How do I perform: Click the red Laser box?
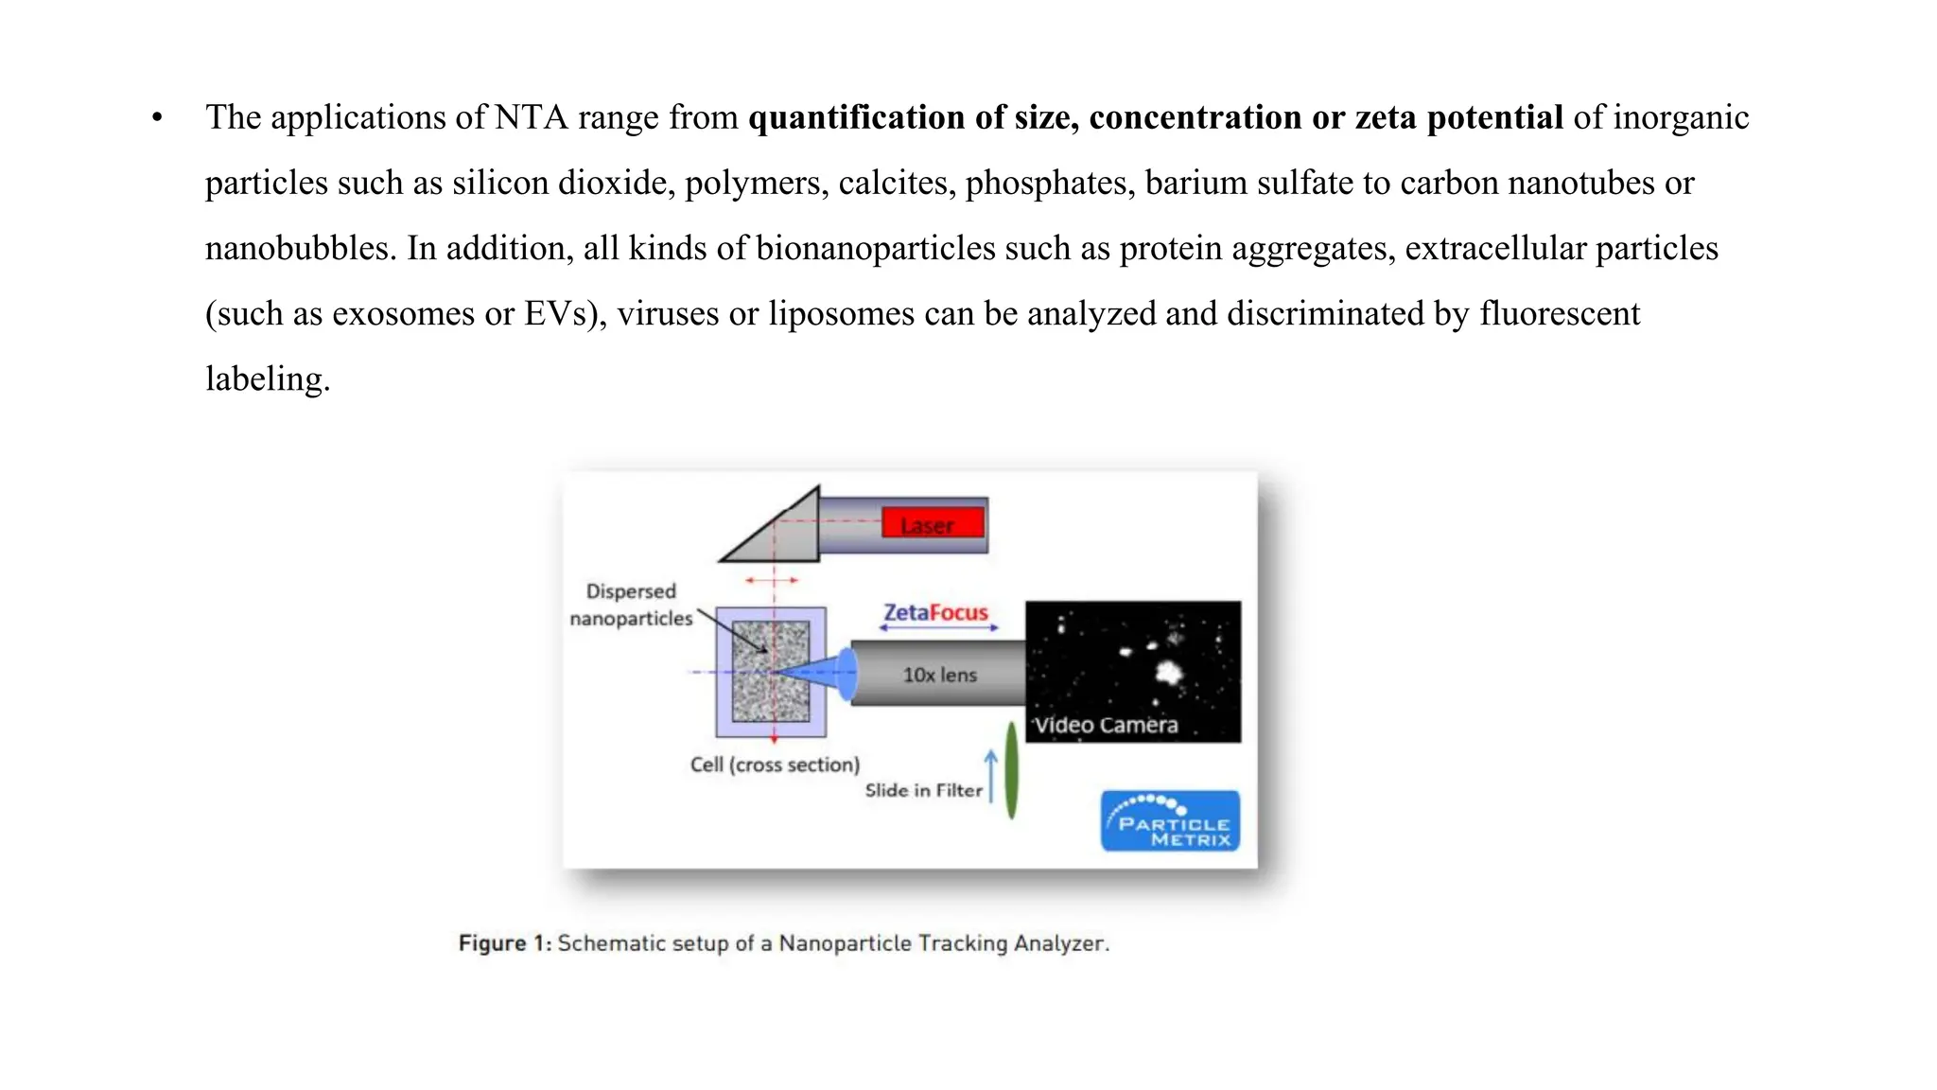pos(933,523)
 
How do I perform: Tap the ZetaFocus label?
pos(935,613)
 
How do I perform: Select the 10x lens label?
pos(939,675)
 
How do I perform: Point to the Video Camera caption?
pos(1106,725)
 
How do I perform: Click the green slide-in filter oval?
pos(1011,770)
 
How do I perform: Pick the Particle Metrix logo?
pos(1170,820)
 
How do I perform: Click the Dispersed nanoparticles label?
pos(631,605)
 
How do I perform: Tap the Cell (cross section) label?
pos(775,765)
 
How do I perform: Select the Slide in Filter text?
pos(923,790)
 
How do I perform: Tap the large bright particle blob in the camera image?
pos(1170,672)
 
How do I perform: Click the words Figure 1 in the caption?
pos(504,943)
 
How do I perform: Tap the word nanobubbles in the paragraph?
pos(300,248)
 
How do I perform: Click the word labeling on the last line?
pos(268,378)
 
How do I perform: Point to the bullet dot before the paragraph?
pos(157,118)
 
